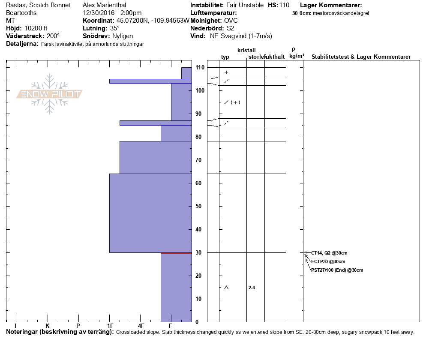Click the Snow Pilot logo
click(50, 94)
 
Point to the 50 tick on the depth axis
click(199, 206)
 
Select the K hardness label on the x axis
click(47, 326)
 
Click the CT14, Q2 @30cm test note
click(329, 253)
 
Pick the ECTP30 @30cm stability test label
click(328, 261)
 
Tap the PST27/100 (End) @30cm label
click(337, 270)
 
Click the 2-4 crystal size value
click(252, 288)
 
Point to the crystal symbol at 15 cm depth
click(226, 287)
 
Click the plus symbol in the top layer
click(226, 72)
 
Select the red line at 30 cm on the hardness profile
click(176, 253)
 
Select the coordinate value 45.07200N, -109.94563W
click(152, 21)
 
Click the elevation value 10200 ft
click(36, 28)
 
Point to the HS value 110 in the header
click(284, 5)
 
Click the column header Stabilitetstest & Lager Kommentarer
click(361, 57)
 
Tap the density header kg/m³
click(297, 56)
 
